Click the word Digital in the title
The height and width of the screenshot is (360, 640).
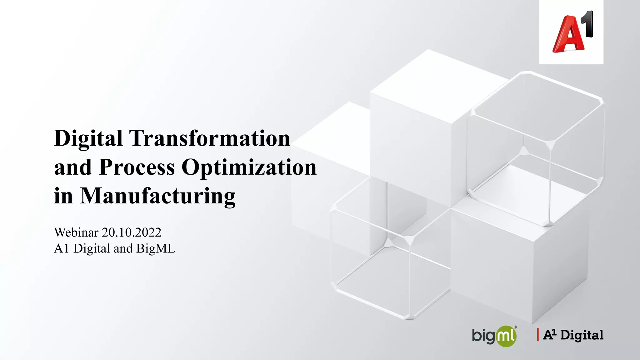click(x=88, y=138)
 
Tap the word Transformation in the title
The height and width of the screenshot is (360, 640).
click(x=209, y=138)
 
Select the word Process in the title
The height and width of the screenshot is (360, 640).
click(x=137, y=167)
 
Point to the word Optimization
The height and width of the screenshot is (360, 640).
click(x=249, y=167)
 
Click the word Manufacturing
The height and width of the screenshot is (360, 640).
click(x=157, y=196)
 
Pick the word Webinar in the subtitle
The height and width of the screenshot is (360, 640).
click(x=76, y=232)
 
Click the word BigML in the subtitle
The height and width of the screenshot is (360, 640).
click(x=156, y=249)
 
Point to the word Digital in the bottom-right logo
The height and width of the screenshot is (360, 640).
click(x=582, y=335)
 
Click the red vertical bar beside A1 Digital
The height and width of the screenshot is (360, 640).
click(x=538, y=335)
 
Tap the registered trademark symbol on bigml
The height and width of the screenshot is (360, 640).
click(x=515, y=327)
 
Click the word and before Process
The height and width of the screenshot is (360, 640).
click(x=73, y=167)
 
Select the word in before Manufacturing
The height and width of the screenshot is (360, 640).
click(x=63, y=196)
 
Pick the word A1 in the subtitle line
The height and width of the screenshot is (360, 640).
click(x=61, y=249)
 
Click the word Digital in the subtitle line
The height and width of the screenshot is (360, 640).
click(x=92, y=249)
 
